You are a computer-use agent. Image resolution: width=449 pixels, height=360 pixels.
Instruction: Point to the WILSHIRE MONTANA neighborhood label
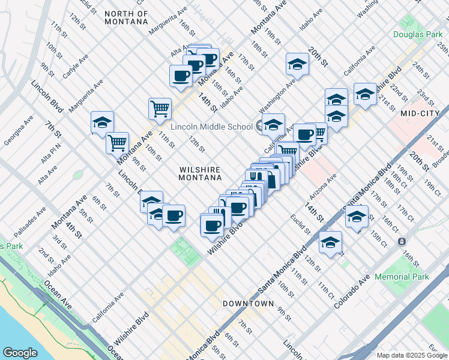[200, 173]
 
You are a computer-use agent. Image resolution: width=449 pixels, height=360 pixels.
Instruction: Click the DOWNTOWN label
[248, 304]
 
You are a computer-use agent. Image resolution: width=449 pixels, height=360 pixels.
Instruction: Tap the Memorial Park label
[402, 277]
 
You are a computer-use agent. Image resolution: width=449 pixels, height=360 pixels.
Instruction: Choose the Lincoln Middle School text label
[211, 127]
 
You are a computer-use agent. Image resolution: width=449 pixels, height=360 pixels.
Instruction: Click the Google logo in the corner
[20, 352]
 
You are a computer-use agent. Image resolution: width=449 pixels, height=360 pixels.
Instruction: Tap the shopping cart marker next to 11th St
[160, 109]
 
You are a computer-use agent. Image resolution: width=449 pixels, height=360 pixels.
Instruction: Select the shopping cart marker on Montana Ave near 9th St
[117, 143]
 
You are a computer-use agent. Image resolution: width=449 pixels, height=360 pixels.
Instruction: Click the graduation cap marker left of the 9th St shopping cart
[102, 122]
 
